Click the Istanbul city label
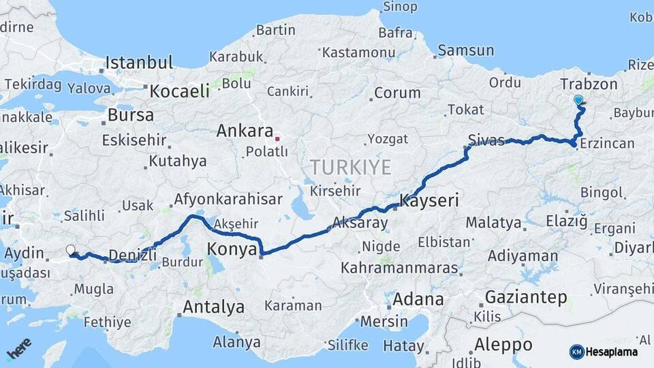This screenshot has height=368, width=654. point(138,63)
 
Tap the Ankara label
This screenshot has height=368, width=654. point(245,131)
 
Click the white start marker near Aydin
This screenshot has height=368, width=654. point(70,250)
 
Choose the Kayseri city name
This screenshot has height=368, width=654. point(429,201)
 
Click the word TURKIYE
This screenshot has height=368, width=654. point(350,167)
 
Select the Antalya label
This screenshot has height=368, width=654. point(213,307)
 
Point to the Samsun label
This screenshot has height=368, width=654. point(465,50)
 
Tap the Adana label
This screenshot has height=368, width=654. point(418,299)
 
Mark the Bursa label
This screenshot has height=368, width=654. point(130,115)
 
